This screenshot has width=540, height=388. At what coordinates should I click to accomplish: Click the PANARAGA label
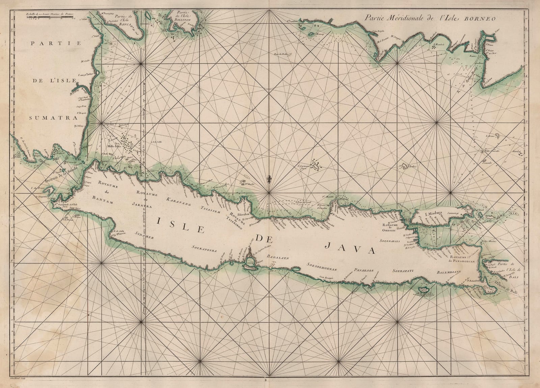[x=363, y=270]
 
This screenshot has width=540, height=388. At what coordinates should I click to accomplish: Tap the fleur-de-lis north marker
[x=269, y=178]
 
